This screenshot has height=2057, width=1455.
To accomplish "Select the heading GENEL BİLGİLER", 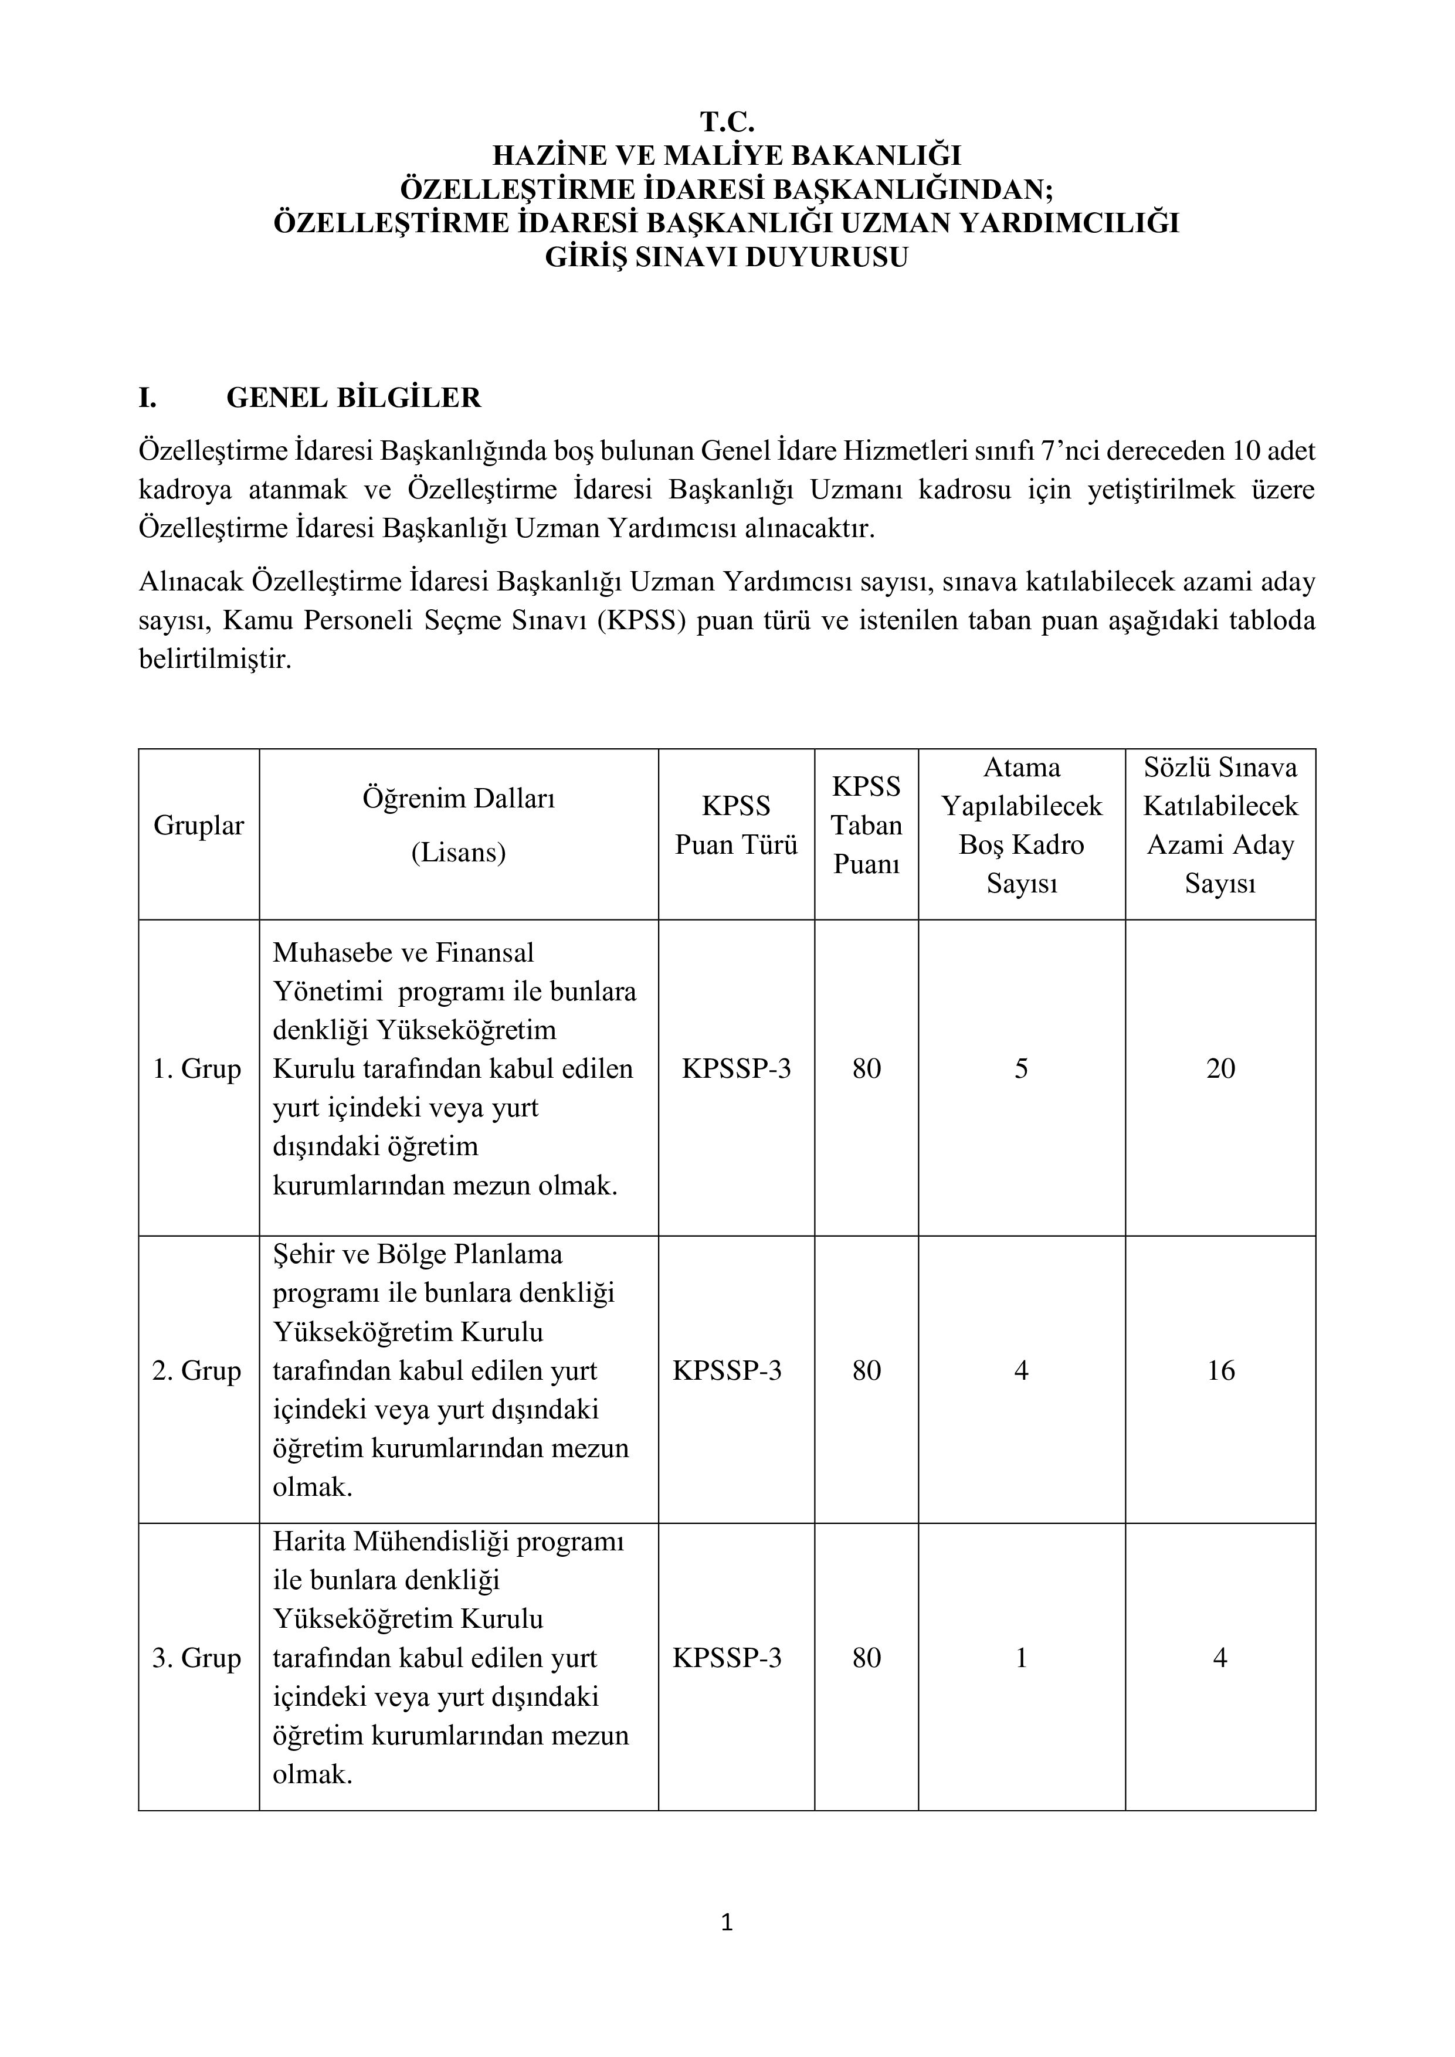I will click(x=353, y=398).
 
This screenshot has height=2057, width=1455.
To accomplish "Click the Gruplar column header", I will click(x=198, y=825).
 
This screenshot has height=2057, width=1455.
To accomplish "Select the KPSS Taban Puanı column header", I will click(x=866, y=825).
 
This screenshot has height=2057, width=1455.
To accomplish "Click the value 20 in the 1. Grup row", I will click(x=1220, y=1069).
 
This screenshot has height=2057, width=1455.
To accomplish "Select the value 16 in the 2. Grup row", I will click(x=1220, y=1371).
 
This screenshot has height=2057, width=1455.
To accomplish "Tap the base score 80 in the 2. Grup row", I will click(x=866, y=1371).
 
